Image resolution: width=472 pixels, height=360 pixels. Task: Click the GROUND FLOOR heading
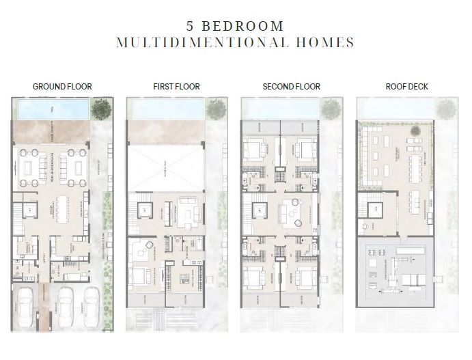[61, 87]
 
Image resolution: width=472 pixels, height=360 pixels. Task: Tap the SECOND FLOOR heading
[291, 87]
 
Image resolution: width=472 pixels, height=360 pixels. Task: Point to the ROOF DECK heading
[406, 87]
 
